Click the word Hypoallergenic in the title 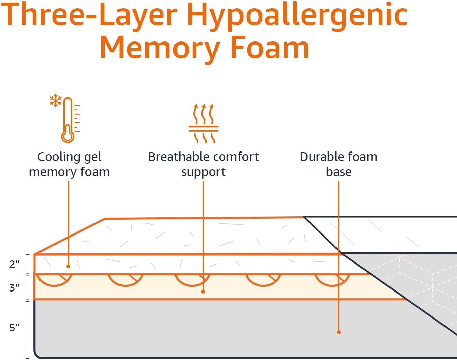click(297, 15)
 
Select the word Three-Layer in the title click(90, 15)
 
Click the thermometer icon click(68, 120)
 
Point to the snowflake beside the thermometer click(55, 101)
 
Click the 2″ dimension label click(14, 264)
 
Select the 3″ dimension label click(14, 288)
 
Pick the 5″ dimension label click(14, 327)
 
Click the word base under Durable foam click(339, 172)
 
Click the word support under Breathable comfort click(203, 172)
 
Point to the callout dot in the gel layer click(68, 266)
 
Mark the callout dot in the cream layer click(203, 292)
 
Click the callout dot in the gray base click(339, 332)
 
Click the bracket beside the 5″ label click(27, 329)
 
